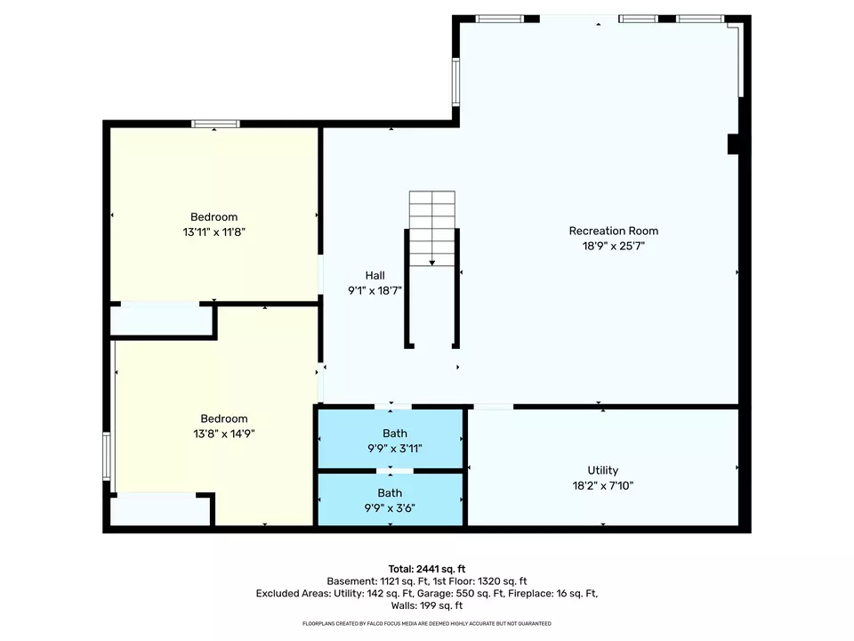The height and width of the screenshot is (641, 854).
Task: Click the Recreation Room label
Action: pyautogui.click(x=614, y=231)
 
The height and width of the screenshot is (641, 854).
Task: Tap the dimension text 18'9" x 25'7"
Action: pyautogui.click(x=614, y=246)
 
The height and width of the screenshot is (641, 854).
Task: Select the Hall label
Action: pyautogui.click(x=375, y=276)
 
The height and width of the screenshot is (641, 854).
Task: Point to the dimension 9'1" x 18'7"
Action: pyautogui.click(x=375, y=290)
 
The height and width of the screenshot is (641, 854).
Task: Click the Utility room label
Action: pyautogui.click(x=603, y=470)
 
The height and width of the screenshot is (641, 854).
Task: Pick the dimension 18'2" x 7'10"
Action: pyautogui.click(x=603, y=486)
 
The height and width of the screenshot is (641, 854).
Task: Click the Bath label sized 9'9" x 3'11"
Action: pyautogui.click(x=395, y=434)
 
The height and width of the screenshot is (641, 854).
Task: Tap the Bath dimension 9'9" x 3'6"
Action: pyautogui.click(x=390, y=508)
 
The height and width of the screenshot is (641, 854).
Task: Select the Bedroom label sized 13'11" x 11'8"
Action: pyautogui.click(x=214, y=217)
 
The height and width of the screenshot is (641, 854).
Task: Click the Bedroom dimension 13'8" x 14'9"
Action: pyautogui.click(x=224, y=434)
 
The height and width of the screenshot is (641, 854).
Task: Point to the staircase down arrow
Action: pyautogui.click(x=432, y=264)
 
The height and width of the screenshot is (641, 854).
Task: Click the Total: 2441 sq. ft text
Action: pyautogui.click(x=427, y=570)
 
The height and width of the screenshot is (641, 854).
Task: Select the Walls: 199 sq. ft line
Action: pyautogui.click(x=427, y=605)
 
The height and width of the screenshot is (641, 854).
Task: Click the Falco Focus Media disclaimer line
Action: pyautogui.click(x=427, y=623)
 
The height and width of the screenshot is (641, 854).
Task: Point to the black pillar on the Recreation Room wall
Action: pyautogui.click(x=734, y=144)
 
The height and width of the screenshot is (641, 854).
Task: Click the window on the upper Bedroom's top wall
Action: pyautogui.click(x=215, y=125)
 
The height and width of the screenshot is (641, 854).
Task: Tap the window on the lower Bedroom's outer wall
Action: pyautogui.click(x=107, y=457)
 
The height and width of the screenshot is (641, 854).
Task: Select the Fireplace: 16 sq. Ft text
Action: pyautogui.click(x=552, y=594)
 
